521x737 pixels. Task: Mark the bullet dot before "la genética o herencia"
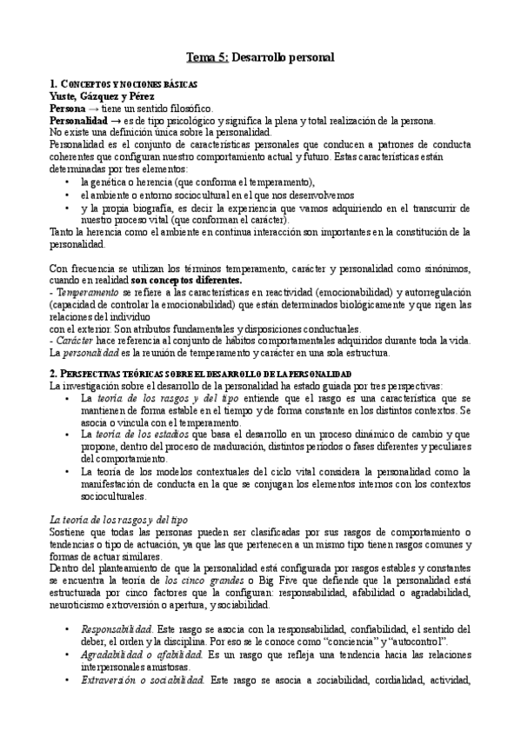(68, 183)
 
